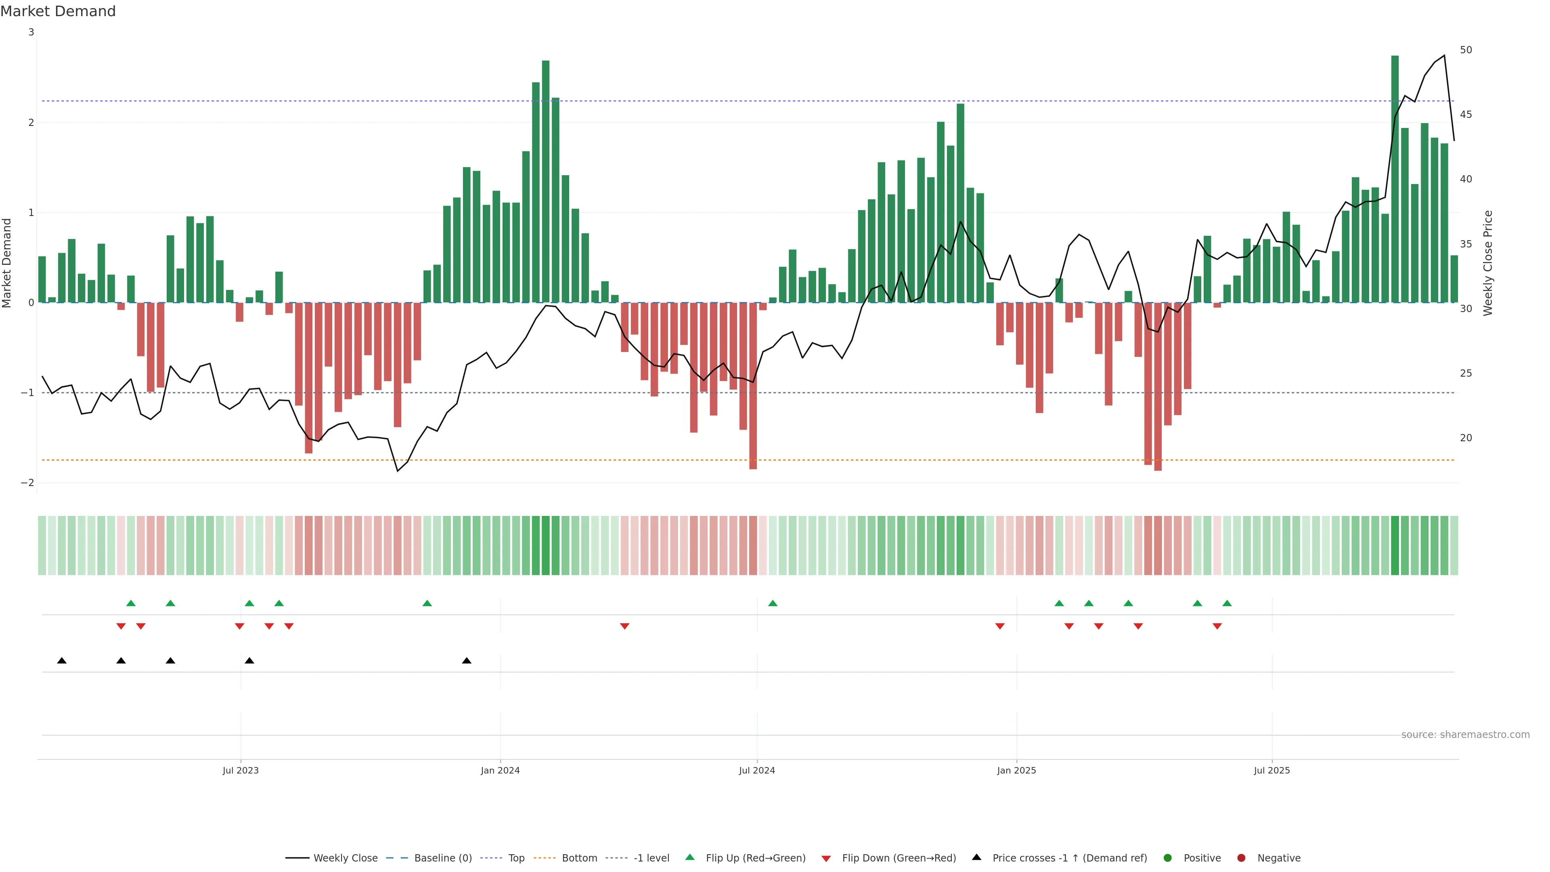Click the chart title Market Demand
58,11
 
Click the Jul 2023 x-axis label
240,770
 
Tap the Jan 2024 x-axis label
500,770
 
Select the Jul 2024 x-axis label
757,770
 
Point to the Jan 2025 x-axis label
1016,770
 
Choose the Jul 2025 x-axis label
1271,770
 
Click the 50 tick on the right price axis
1466,50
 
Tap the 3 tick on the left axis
31,32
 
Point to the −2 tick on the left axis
28,483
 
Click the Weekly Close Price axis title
1488,263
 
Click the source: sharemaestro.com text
1465,735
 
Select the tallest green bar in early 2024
546,180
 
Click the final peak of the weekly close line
1444,55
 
